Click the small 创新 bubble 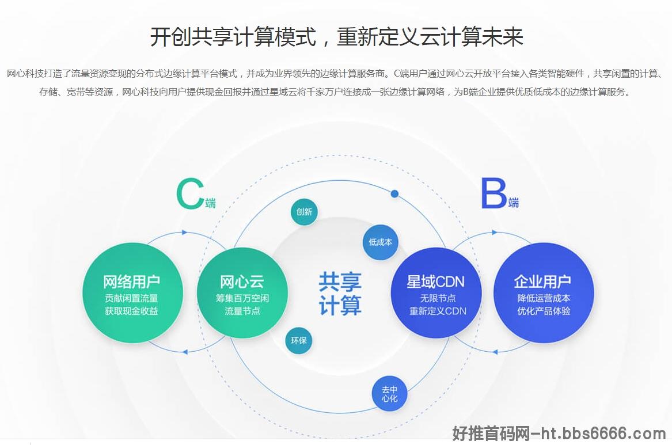pos(304,212)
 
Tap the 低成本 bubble pos(381,242)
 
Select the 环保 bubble pos(299,340)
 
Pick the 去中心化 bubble pos(390,393)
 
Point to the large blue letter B pos(493,193)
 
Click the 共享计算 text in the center pos(340,294)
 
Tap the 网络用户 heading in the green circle pos(131,282)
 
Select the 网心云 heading pos(242,282)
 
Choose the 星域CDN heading pos(435,282)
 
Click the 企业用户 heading pos(542,282)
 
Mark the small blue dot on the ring pos(394,194)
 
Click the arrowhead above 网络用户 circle pos(185,233)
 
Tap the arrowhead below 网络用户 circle pos(185,352)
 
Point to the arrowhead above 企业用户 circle pos(495,233)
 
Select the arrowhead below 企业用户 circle pos(495,352)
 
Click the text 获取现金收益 pos(131,311)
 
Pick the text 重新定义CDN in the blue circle pos(438,311)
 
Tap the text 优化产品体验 pos(544,311)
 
